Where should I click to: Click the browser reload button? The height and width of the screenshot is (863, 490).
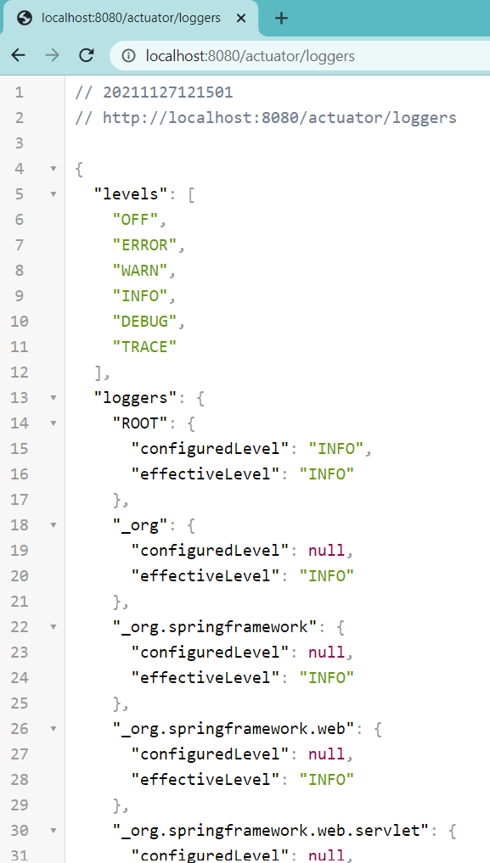(87, 55)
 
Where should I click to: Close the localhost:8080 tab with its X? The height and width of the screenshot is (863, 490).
(240, 18)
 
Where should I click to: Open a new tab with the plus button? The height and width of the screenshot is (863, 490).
(281, 18)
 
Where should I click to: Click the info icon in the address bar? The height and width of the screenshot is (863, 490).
(129, 56)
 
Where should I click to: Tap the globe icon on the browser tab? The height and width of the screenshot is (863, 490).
(25, 18)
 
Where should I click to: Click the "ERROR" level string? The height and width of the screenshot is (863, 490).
(145, 245)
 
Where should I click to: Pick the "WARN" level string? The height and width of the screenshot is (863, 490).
(140, 270)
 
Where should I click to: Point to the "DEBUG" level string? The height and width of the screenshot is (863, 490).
(145, 322)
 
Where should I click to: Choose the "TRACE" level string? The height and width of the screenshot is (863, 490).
(145, 347)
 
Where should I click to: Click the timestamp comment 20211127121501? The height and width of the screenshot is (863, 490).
(168, 92)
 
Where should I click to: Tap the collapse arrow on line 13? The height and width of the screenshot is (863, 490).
(54, 397)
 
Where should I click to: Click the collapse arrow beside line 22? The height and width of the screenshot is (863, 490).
(54, 626)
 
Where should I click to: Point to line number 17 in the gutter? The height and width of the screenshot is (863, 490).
(20, 500)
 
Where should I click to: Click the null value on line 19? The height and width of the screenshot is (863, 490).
(326, 550)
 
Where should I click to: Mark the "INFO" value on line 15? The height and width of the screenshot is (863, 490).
(335, 449)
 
